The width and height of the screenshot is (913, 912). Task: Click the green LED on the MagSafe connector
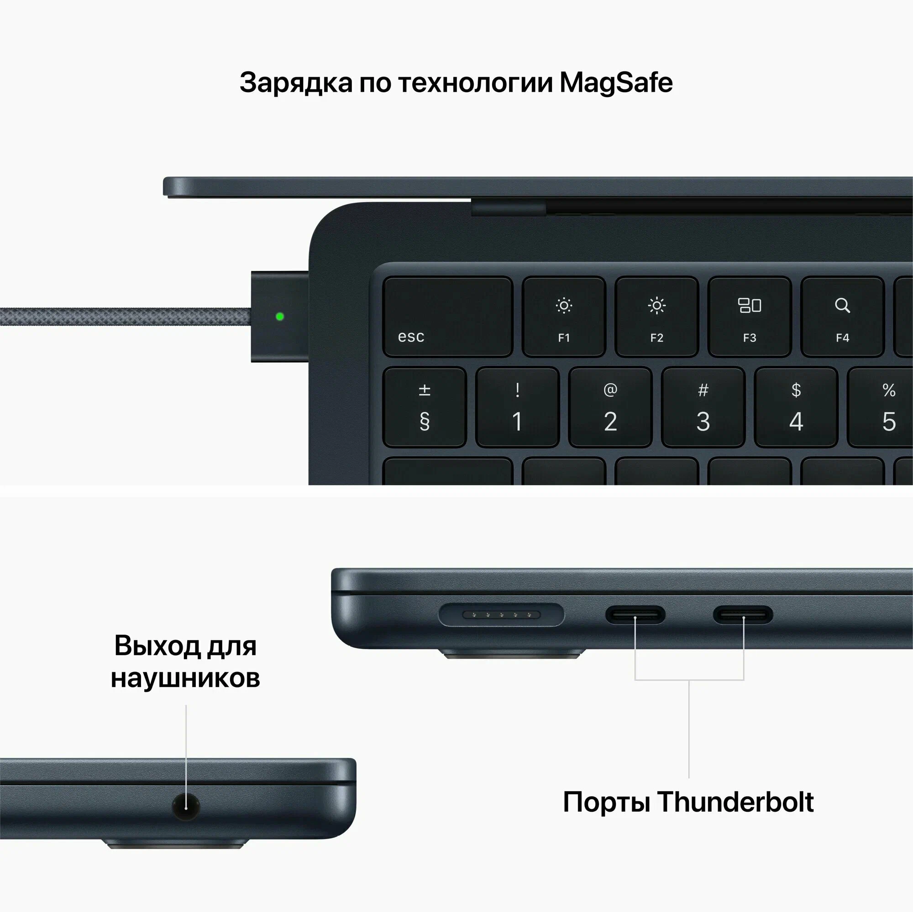point(280,317)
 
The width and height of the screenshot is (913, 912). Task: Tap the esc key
point(447,317)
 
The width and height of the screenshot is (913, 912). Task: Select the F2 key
point(656,317)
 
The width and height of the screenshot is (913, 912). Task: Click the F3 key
point(750,317)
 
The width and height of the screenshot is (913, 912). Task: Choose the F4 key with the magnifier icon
point(842,317)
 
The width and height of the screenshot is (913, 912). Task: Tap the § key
point(425,407)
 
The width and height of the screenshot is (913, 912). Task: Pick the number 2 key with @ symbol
point(610,407)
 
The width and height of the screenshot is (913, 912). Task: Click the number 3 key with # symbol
point(703,407)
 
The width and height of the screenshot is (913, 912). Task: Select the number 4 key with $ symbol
point(796,407)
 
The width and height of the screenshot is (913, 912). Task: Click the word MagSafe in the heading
point(616,83)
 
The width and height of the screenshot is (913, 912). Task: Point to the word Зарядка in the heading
point(296,83)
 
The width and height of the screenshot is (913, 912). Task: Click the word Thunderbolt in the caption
point(735,802)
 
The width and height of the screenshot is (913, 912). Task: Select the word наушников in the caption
point(185,678)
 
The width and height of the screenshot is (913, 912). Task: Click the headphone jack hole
point(186,807)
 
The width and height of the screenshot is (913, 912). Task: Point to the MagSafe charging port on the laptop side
point(501,615)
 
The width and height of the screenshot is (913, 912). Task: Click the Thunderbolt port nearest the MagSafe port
point(635,615)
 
